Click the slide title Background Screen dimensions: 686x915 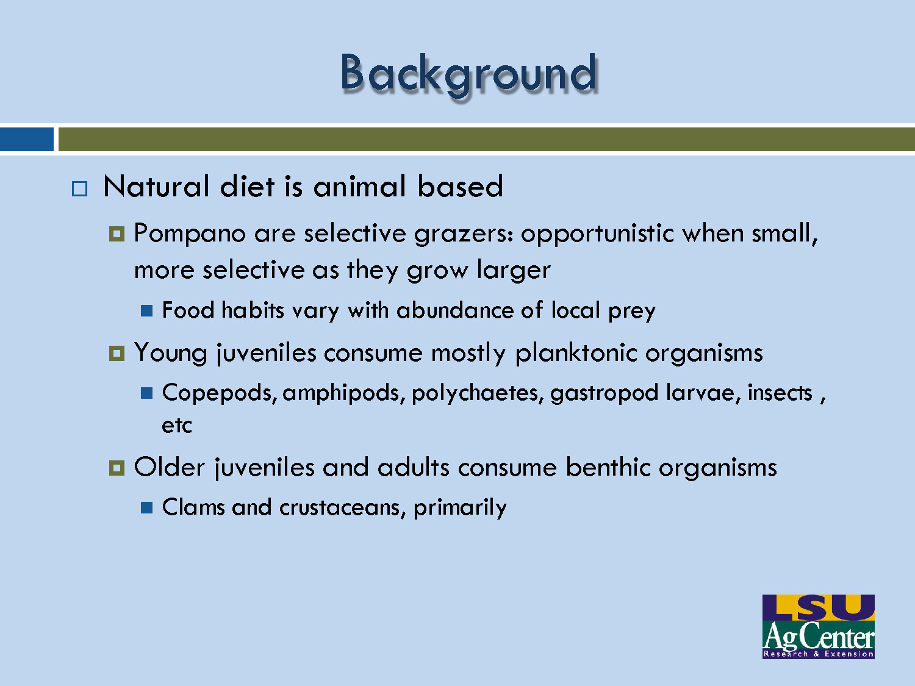(468, 74)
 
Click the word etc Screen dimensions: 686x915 (176, 426)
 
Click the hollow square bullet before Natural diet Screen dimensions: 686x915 (79, 188)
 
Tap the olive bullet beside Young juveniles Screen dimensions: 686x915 (117, 354)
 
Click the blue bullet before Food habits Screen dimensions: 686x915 (146, 311)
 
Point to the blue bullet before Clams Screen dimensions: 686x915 (146, 508)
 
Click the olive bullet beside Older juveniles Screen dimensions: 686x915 (117, 468)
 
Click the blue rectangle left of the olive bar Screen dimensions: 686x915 (26, 139)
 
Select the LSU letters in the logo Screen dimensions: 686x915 (818, 607)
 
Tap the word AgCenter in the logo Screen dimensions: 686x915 (818, 637)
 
